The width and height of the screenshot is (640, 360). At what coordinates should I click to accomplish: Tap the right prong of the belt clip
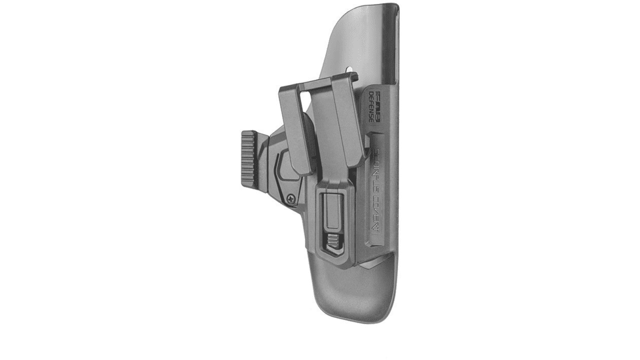coord(349,121)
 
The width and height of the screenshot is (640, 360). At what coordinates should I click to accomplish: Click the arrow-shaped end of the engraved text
coord(377,228)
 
